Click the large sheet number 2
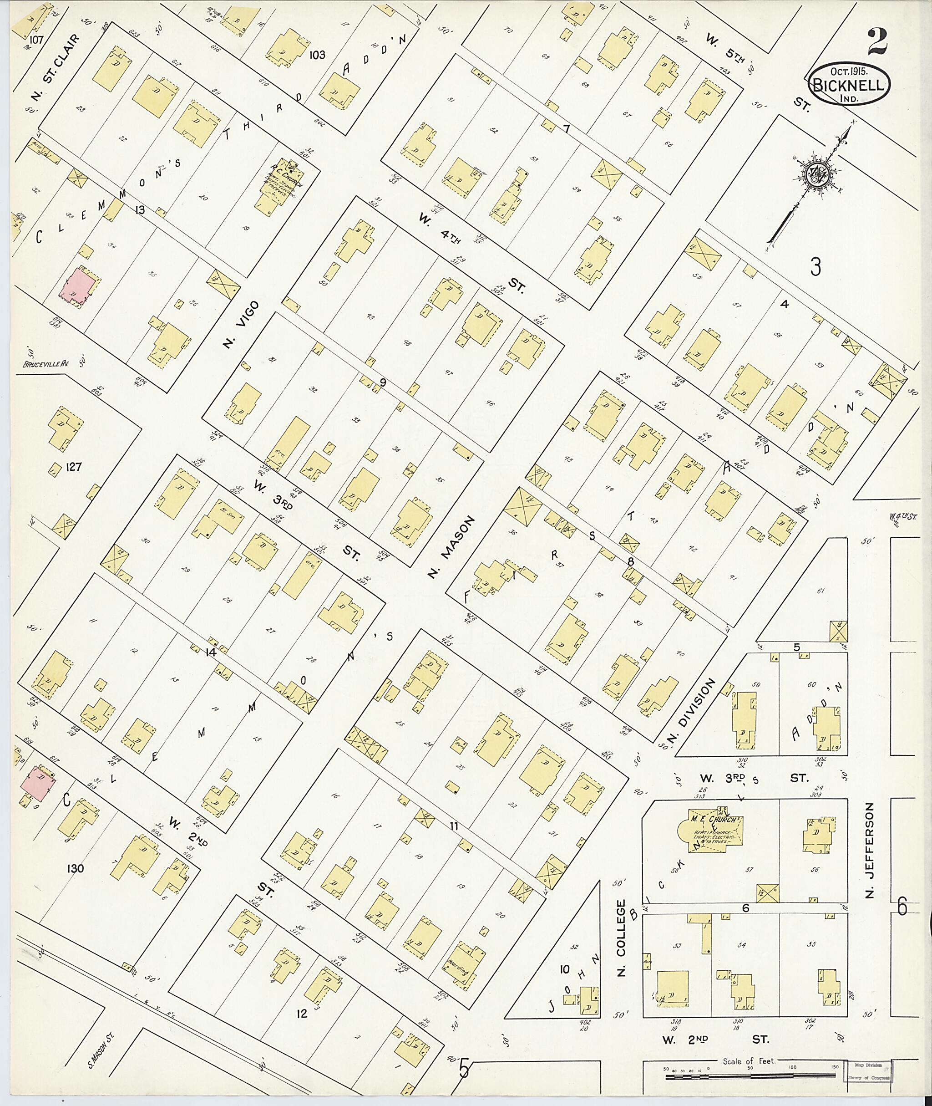coord(876,42)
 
